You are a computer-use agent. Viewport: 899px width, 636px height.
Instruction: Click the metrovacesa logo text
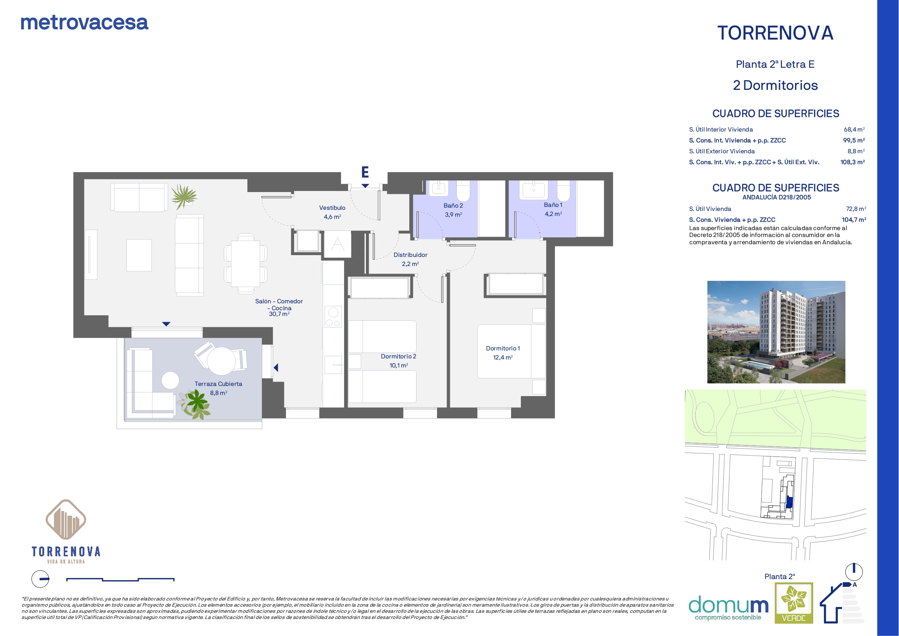click(84, 23)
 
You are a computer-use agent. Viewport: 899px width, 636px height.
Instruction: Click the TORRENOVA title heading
click(775, 33)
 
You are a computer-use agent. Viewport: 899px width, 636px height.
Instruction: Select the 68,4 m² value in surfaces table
click(854, 129)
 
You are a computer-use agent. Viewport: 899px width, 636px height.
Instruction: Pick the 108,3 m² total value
click(852, 162)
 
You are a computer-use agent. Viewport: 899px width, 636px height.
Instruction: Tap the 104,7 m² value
click(854, 220)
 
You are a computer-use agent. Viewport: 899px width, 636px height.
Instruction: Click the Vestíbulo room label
click(332, 208)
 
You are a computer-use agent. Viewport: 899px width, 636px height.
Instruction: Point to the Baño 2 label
click(453, 205)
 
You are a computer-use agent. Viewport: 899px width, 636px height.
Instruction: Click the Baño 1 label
click(553, 204)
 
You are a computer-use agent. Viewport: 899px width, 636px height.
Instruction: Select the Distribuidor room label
click(410, 255)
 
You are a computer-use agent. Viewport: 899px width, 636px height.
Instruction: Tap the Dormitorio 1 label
click(503, 348)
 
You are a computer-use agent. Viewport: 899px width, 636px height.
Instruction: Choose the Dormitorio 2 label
click(398, 356)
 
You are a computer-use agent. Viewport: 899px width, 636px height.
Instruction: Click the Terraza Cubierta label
click(218, 384)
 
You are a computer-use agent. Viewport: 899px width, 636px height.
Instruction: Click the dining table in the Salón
click(246, 264)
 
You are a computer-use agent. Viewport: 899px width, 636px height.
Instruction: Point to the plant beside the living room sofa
click(184, 196)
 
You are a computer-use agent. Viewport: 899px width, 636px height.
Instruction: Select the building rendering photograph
click(776, 332)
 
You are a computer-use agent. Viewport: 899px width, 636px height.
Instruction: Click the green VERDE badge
click(794, 603)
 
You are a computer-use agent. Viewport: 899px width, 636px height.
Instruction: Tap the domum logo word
click(728, 605)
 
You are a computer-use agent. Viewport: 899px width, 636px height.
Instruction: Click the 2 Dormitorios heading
click(775, 85)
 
